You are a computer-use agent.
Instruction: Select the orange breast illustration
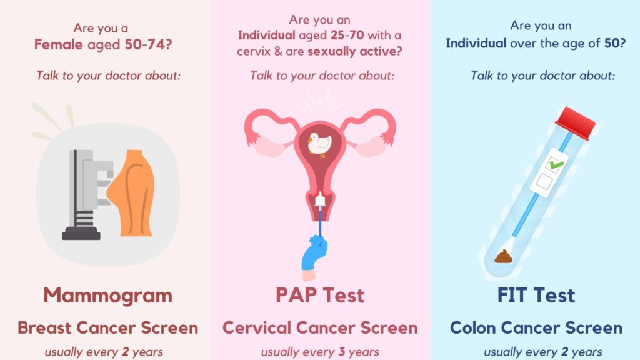point(131,193)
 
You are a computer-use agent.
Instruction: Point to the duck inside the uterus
point(319,144)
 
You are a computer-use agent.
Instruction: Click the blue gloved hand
point(314,253)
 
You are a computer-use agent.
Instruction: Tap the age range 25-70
point(347,36)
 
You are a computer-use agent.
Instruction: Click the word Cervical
point(257,327)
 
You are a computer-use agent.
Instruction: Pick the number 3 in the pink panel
point(342,352)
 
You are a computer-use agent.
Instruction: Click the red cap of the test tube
point(576,122)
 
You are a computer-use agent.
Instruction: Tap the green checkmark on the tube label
point(556,164)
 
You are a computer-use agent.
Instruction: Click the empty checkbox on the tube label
point(544,181)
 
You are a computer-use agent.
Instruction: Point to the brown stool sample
point(503,256)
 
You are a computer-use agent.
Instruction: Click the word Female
point(58,44)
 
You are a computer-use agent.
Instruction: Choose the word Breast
point(44,327)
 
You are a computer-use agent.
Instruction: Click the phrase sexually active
point(355,51)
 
